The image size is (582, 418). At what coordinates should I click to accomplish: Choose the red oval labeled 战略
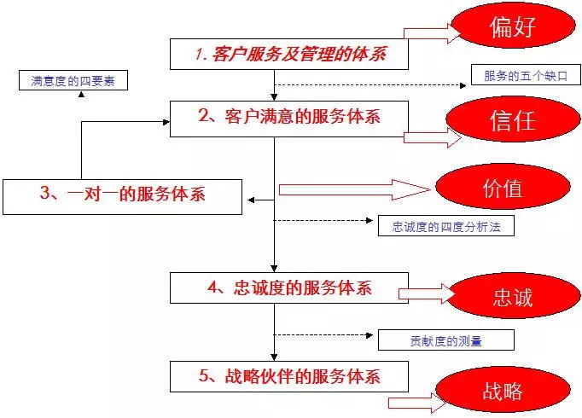tap(501, 392)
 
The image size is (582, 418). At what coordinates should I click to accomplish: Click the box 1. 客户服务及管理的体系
tap(289, 55)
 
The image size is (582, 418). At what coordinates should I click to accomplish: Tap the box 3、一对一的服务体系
tap(123, 195)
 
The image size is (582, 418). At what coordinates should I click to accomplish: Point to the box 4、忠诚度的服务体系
tap(289, 287)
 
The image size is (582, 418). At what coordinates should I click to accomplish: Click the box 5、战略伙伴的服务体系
tap(289, 375)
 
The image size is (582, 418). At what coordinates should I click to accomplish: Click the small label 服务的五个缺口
tap(520, 76)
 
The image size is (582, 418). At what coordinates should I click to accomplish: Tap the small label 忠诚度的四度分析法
tap(445, 226)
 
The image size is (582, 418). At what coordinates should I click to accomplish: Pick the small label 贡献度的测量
tap(445, 340)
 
